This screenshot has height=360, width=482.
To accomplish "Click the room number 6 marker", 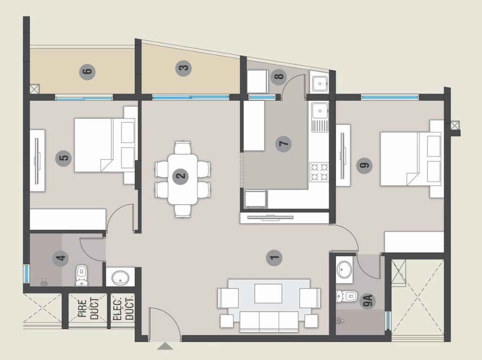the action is (87, 72).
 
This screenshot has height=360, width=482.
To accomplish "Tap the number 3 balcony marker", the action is (184, 68).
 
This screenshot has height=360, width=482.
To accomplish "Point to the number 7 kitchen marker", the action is (283, 144).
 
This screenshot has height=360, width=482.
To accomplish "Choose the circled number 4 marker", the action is (61, 257).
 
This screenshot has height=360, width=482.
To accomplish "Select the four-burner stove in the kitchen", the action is (319, 172).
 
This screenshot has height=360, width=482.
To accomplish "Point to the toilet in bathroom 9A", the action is (346, 296).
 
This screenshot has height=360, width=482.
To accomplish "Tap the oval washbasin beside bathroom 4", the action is (120, 278).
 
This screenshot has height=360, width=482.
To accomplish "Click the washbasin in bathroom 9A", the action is (344, 270).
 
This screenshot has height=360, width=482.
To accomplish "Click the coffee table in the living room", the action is (268, 294).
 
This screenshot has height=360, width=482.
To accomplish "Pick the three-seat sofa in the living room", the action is (269, 321).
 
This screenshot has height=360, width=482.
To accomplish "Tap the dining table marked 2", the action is (183, 179).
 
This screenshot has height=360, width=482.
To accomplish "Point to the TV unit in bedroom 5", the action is (37, 161).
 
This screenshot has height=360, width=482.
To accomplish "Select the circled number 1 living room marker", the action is (274, 257).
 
